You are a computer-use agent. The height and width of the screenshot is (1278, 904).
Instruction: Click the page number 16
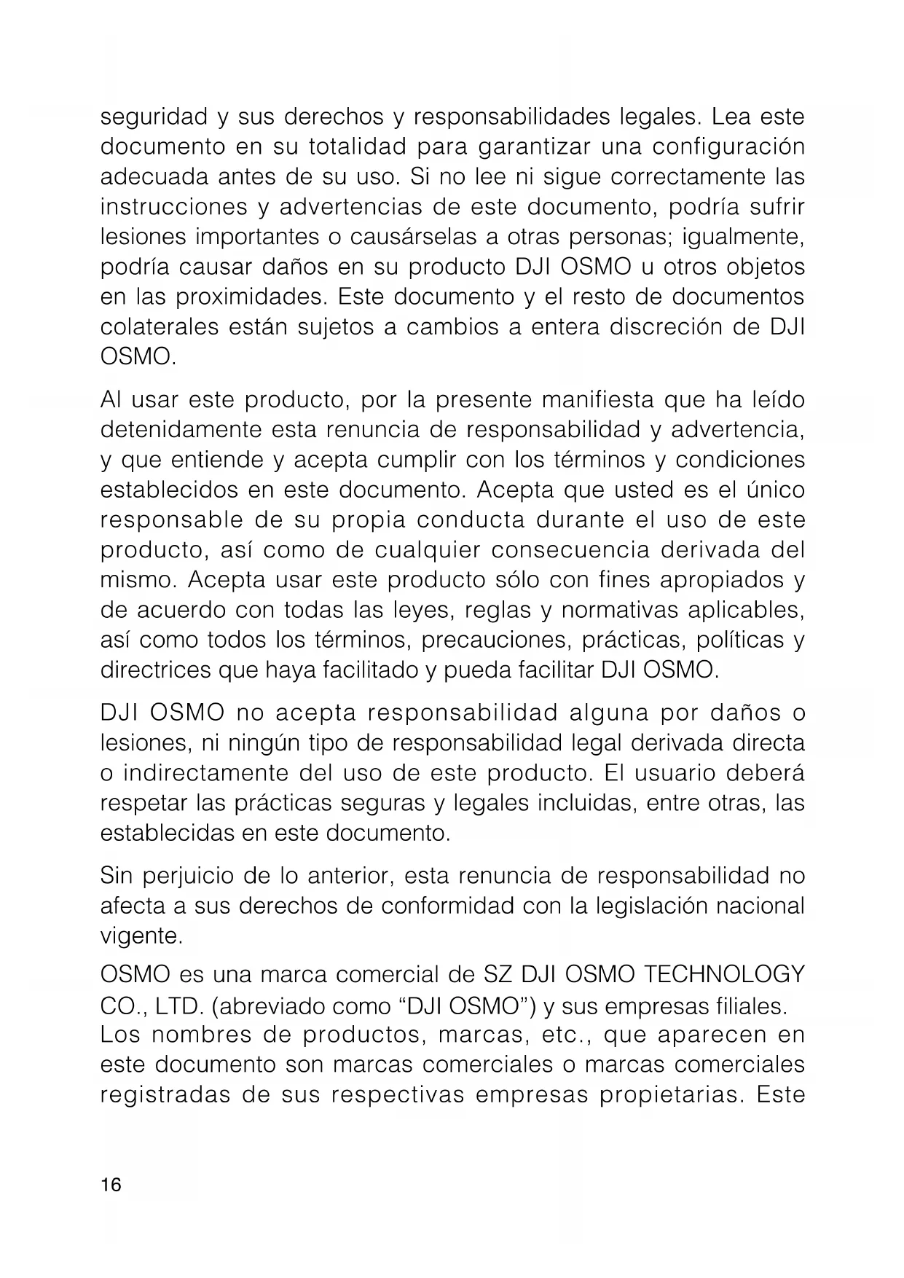click(x=112, y=1185)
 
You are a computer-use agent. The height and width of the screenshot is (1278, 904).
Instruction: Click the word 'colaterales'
click(x=159, y=327)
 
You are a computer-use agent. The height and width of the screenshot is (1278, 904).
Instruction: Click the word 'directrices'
click(x=155, y=670)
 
